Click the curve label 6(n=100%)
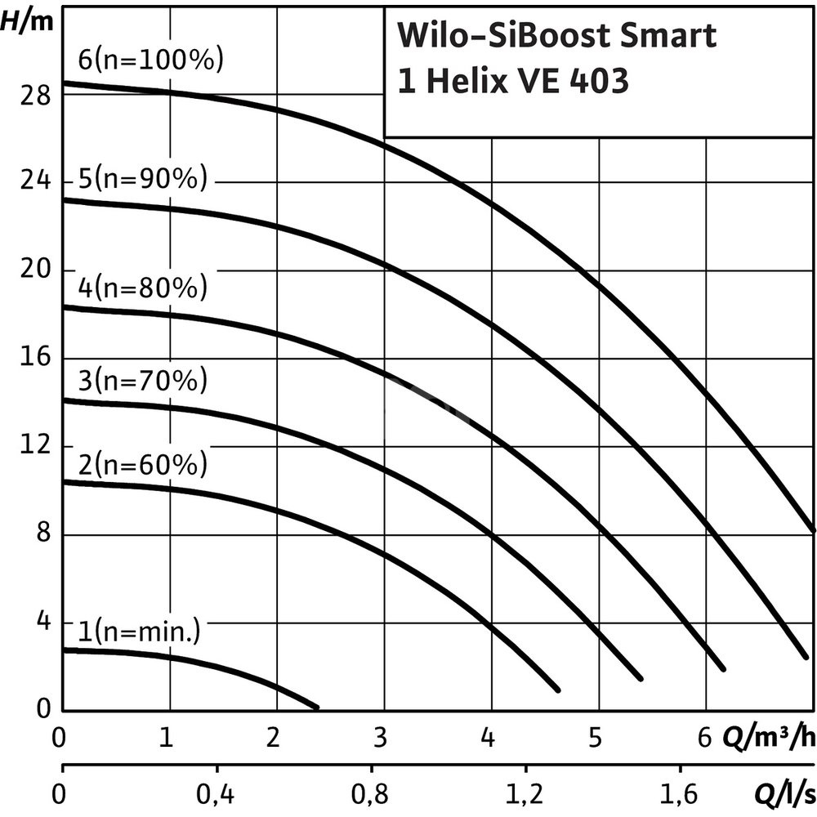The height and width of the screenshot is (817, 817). pos(151,61)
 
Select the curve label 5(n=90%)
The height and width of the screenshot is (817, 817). pos(143,179)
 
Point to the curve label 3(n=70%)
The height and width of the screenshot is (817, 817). pos(143,380)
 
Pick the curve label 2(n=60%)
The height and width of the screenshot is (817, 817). pos(143,465)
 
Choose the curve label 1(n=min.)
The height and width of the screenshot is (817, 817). pos(140,631)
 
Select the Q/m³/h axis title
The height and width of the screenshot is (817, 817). pos(768,739)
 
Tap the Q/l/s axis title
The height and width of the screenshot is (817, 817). pos(783,792)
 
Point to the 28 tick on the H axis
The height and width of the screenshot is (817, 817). pos(33,95)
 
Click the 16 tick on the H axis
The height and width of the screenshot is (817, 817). pos(33,358)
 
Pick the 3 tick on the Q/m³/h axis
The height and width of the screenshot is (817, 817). pos(380,739)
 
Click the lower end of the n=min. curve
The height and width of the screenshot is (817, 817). pos(316,706)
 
